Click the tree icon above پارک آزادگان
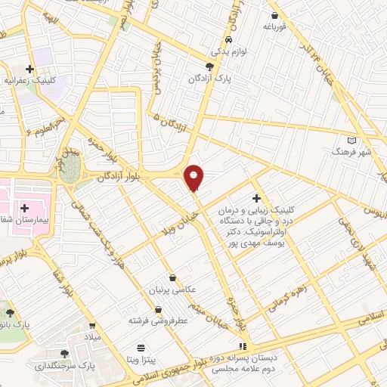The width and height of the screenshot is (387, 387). tap(210, 67)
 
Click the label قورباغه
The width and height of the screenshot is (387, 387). tap(277, 26)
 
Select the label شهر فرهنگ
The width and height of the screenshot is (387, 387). tap(352, 152)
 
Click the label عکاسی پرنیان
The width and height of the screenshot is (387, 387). tap(175, 289)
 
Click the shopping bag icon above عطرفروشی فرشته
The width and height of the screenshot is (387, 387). tap(158, 309)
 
